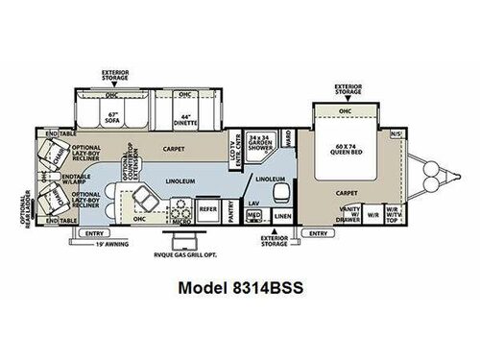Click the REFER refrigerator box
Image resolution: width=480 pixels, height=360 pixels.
coord(206,205)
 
